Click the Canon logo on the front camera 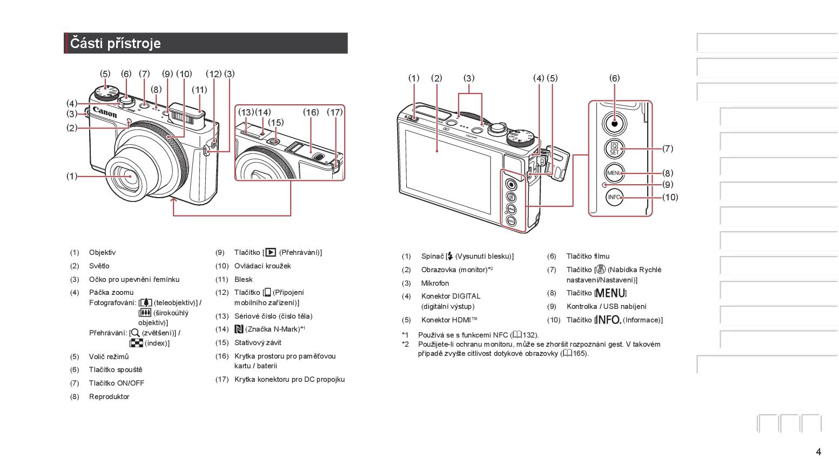click(105, 112)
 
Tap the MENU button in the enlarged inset click(614, 173)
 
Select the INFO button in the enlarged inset click(614, 197)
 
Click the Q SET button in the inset click(614, 149)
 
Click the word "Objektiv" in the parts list click(102, 253)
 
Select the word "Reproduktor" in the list click(109, 397)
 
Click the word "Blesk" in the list click(243, 280)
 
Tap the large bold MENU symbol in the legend click(610, 293)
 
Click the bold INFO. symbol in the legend click(608, 320)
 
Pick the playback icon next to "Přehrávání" click(271, 253)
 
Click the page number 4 click(818, 452)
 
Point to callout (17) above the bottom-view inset click(334, 112)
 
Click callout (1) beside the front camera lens click(72, 176)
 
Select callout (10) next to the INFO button click(670, 197)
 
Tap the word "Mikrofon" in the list click(435, 284)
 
